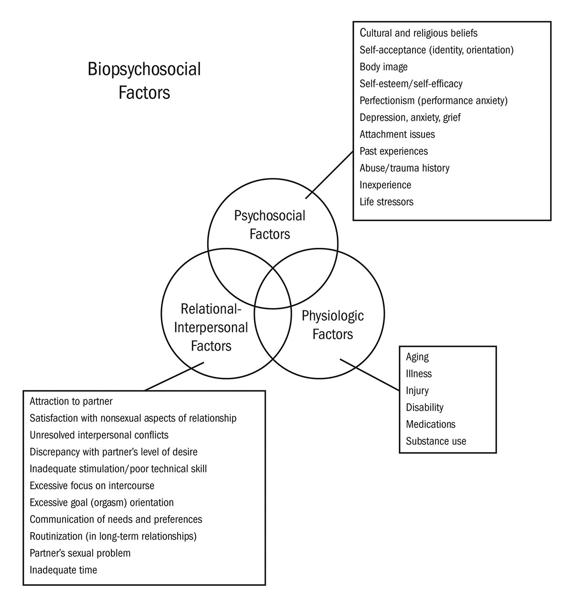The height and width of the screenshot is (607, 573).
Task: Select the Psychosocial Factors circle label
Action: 269,224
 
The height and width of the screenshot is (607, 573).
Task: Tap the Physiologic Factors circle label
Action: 333,325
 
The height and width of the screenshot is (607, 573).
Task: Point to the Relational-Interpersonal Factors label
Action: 211,328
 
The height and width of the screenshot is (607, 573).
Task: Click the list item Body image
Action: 383,67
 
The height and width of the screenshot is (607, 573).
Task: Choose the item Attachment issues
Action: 397,134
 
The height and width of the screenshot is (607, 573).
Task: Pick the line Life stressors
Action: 386,202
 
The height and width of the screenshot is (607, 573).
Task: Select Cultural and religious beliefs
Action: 418,33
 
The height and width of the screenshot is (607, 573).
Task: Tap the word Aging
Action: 417,357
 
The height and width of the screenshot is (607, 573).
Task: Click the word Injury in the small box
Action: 417,391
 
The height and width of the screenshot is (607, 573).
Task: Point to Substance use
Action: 436,441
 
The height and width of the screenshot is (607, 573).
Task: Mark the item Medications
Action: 431,424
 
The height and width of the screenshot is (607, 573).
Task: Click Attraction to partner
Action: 71,401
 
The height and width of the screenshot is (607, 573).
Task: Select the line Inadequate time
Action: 63,570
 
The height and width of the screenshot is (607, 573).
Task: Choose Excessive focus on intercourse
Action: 92,486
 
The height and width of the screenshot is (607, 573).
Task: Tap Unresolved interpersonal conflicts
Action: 99,435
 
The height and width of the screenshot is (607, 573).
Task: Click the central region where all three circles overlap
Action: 273,291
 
